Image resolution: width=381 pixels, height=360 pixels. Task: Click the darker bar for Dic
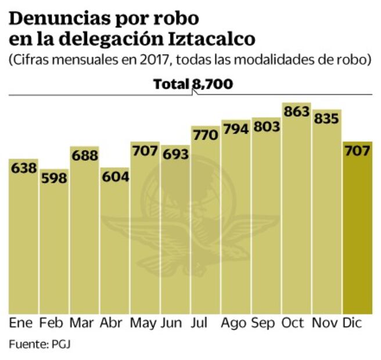tap(357, 232)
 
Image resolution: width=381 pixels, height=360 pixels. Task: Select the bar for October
tap(296, 215)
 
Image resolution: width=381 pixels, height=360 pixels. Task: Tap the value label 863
tap(296, 112)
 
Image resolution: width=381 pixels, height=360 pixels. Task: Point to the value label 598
tap(54, 178)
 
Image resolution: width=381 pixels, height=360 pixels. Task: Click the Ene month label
tap(21, 323)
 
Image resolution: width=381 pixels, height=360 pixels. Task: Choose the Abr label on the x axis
tap(111, 323)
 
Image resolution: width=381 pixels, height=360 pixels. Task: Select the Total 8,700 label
tap(193, 85)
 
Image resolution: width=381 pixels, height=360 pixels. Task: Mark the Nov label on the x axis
tap(327, 323)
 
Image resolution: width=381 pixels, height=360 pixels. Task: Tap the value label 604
tap(114, 177)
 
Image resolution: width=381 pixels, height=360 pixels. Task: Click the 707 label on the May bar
tap(145, 151)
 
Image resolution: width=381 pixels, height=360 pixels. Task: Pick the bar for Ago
tap(236, 221)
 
